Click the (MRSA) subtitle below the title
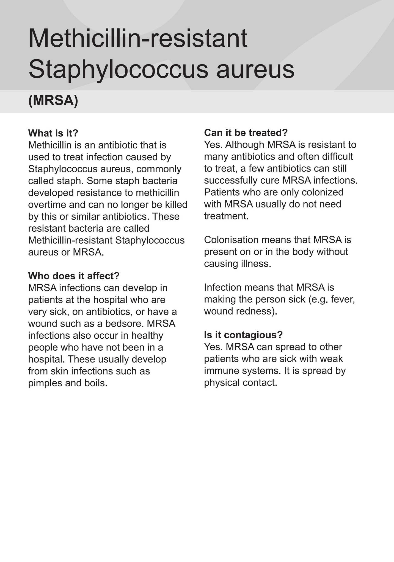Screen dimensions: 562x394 click(x=53, y=100)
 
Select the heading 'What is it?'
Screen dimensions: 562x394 click(x=53, y=133)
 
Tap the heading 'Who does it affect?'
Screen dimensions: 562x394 click(x=74, y=276)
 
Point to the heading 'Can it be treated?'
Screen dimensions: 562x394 click(x=246, y=133)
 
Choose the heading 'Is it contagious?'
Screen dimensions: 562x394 click(x=243, y=335)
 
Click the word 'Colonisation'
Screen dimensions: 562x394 click(x=231, y=240)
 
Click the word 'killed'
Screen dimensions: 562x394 click(x=177, y=205)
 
